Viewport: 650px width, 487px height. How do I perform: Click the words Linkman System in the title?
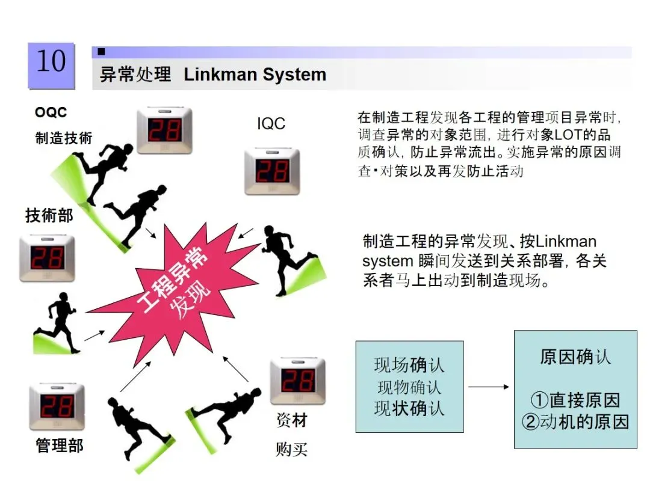(x=255, y=75)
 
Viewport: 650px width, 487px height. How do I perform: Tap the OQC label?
(x=51, y=112)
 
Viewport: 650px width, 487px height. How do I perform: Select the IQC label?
(x=271, y=124)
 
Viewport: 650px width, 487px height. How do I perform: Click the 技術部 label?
(x=49, y=215)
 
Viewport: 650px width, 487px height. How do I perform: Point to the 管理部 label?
(x=60, y=446)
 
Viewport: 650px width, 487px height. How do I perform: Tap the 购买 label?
(x=291, y=449)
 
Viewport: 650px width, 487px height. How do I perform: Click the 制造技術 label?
(x=64, y=138)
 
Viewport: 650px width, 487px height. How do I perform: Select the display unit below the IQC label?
(x=271, y=171)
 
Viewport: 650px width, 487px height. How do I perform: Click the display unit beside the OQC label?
(x=164, y=130)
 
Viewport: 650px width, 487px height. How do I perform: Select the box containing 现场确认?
(x=409, y=387)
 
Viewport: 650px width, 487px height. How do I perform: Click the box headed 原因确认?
(x=575, y=389)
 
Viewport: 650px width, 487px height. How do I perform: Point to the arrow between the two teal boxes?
(x=489, y=387)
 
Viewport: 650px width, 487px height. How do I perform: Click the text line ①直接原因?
(x=575, y=400)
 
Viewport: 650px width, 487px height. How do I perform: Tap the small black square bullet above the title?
(x=101, y=52)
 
